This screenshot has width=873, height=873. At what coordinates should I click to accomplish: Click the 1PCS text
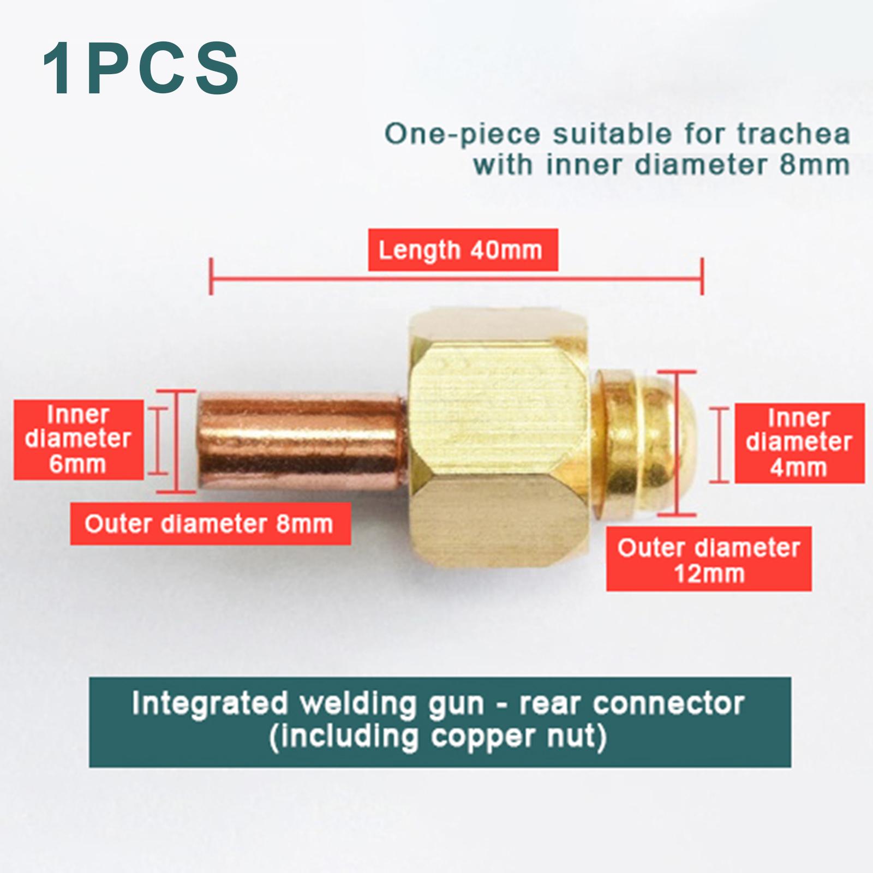141,69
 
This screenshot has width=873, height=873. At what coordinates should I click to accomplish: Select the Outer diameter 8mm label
210,524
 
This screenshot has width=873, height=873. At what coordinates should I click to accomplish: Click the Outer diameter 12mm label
708,559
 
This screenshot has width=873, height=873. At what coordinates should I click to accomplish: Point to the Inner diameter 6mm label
79,439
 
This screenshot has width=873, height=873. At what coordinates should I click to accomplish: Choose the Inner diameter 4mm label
799,443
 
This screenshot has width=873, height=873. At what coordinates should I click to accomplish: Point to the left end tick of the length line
211,277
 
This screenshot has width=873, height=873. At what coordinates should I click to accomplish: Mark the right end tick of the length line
702,277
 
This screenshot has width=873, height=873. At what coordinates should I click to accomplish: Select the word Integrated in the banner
210,703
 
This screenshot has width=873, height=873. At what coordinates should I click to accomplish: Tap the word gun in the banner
456,704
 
